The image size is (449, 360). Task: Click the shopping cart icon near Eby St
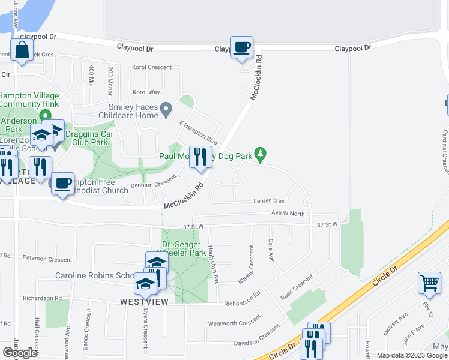point(430,283)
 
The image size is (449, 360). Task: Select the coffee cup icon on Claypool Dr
point(241,47)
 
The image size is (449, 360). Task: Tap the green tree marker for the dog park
point(260,155)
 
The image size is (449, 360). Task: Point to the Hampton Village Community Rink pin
point(44,115)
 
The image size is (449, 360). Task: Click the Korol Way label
point(146,92)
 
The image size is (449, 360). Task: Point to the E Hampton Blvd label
point(198,131)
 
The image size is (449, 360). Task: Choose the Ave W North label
point(288,213)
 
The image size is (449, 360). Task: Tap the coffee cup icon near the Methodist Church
point(62,184)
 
